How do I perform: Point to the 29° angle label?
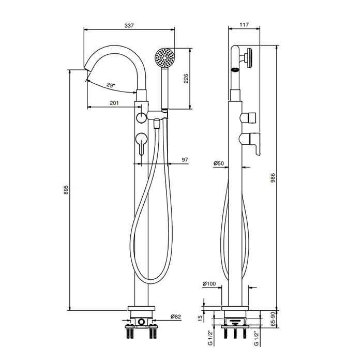110,85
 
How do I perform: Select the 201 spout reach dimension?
114,103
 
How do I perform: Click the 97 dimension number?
185,160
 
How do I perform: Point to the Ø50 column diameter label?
218,163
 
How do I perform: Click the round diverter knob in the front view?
141,118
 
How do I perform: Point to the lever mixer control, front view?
141,142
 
